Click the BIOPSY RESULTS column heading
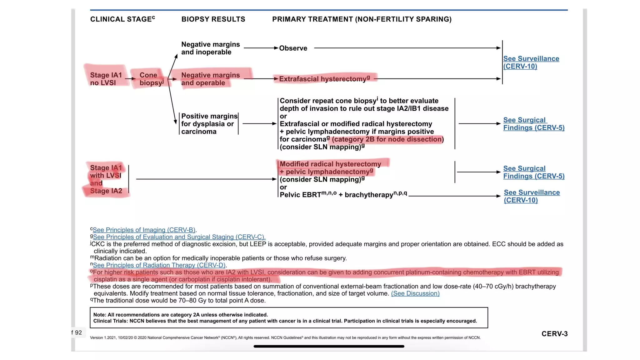coord(213,19)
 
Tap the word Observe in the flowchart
coord(293,48)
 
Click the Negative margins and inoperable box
coord(210,48)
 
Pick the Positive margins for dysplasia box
coord(209,124)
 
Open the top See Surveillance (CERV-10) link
coord(531,62)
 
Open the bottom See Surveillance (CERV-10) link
coord(531,196)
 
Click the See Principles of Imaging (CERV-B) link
coord(144,230)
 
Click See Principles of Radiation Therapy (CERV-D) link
coord(159,265)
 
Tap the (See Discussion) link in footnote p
coord(415,293)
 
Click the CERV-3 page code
coord(554,334)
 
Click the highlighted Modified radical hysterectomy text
coord(330,164)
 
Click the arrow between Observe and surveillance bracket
coord(406,48)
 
